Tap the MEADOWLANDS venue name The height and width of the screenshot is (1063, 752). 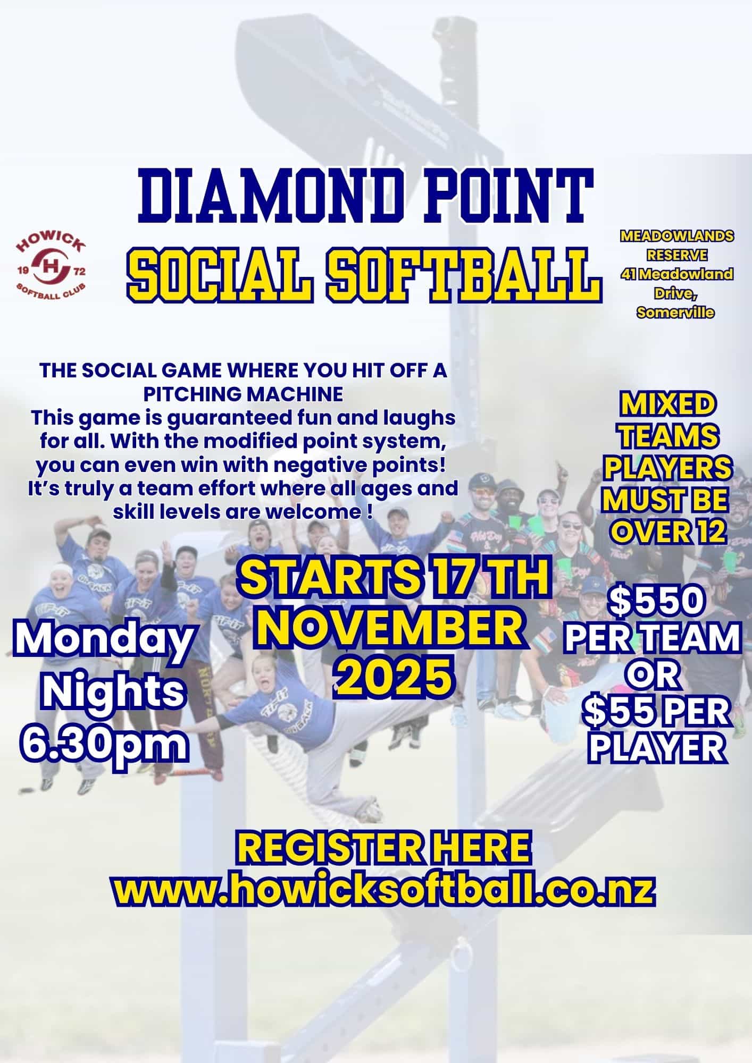click(676, 235)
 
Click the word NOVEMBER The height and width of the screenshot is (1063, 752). click(392, 630)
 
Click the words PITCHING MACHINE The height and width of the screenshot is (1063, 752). click(243, 394)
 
